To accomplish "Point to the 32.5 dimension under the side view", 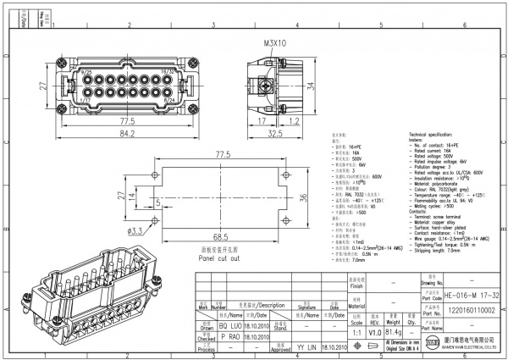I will coord(276,133).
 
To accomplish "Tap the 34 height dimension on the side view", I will coord(311,85).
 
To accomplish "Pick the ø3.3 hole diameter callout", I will coord(135,230).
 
